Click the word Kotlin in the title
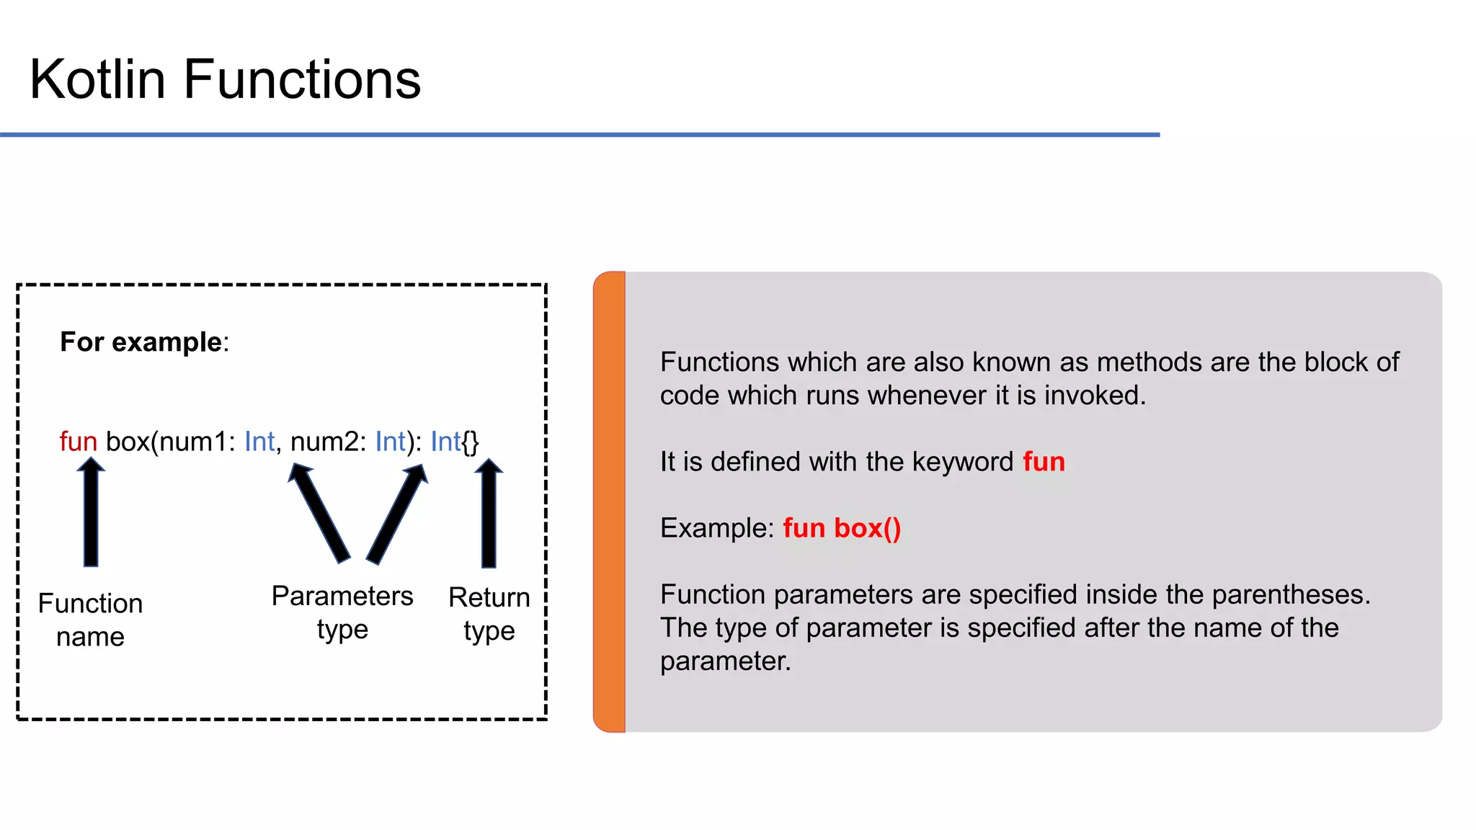pos(97,79)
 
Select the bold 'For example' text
pos(141,342)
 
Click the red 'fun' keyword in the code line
pos(78,442)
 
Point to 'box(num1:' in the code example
pos(170,442)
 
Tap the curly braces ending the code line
pos(470,442)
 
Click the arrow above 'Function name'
pos(91,513)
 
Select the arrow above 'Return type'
pos(489,513)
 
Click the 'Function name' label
pos(90,620)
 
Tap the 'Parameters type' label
pos(342,612)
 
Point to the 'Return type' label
pos(489,614)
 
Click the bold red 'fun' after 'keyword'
pos(1044,462)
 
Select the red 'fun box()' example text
pos(842,528)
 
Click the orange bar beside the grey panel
pos(610,502)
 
